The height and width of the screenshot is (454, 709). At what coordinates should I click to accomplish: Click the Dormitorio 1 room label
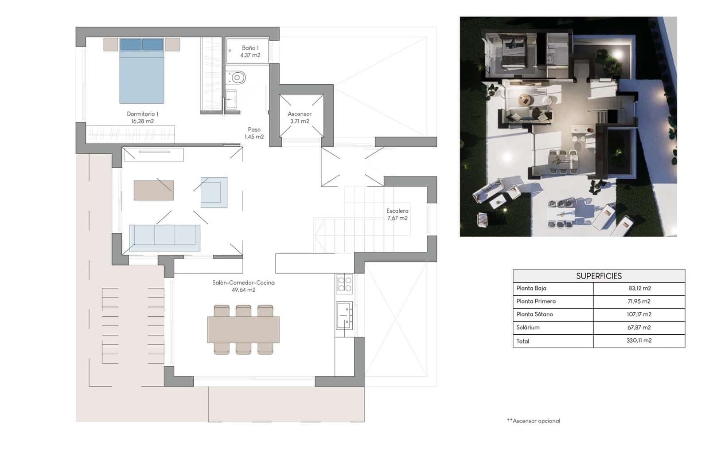tap(142, 117)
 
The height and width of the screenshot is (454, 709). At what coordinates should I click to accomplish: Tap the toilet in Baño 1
tap(236, 78)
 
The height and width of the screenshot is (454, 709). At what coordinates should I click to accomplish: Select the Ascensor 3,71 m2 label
tap(300, 117)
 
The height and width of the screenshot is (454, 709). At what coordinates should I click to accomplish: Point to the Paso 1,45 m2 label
tap(254, 133)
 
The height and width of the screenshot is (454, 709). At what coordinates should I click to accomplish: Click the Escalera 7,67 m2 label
tap(397, 214)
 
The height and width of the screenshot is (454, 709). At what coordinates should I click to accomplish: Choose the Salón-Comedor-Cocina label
tap(243, 286)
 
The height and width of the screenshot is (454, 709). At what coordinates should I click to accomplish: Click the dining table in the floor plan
tap(243, 329)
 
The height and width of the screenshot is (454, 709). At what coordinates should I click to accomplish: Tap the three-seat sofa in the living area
tap(164, 235)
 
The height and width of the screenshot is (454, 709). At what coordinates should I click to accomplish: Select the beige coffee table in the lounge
tap(153, 190)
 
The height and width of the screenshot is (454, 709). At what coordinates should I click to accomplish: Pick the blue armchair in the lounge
tap(214, 192)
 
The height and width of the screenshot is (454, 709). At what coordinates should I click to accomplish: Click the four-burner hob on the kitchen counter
tap(344, 284)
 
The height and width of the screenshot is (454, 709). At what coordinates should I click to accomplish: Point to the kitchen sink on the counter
tap(344, 315)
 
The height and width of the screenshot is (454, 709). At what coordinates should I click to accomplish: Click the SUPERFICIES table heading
tap(599, 276)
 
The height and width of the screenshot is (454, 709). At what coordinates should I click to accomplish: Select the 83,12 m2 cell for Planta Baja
tap(639, 288)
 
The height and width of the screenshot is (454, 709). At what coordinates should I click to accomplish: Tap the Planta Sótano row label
tap(534, 314)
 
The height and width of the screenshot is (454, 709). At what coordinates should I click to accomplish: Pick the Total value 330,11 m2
tap(639, 340)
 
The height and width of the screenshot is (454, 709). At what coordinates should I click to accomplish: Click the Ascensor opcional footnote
tap(534, 421)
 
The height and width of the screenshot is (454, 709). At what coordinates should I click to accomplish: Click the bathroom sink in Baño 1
tap(231, 100)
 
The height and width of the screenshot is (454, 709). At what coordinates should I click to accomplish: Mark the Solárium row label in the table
tap(528, 328)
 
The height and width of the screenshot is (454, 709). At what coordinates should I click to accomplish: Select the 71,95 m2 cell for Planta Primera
tap(639, 301)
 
